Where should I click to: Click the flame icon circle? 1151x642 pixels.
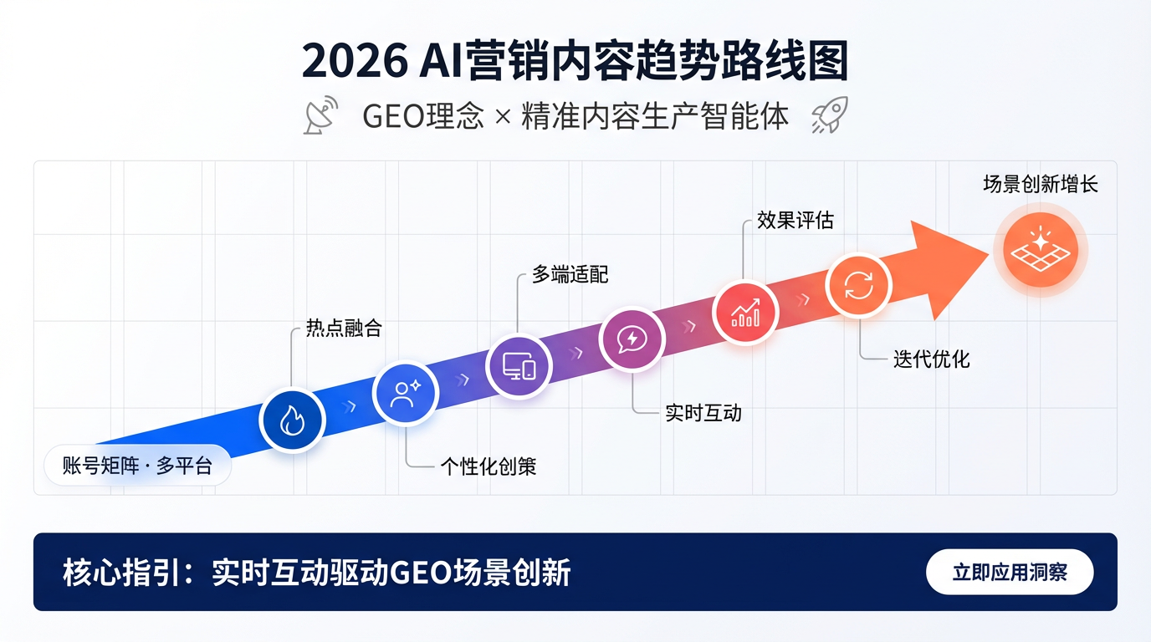pos(292,420)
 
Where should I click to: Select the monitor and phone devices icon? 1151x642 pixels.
pos(519,366)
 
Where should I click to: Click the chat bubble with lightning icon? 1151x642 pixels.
pos(632,339)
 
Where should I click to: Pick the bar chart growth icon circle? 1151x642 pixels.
pos(745,313)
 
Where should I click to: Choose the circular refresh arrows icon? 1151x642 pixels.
pos(858,286)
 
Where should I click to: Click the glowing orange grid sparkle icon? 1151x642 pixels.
pos(1040,249)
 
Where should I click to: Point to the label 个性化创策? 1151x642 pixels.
pos(489,466)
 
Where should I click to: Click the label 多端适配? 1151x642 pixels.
pos(570,274)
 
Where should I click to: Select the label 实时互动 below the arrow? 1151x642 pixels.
pos(703,412)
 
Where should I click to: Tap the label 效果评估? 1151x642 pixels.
pos(795,220)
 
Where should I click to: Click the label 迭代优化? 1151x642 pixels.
pos(932,359)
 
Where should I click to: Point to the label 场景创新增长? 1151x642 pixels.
pos(1040,184)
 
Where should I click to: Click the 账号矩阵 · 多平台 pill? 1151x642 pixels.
pos(137,466)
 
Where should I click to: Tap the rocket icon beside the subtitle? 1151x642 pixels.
pos(830,115)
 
